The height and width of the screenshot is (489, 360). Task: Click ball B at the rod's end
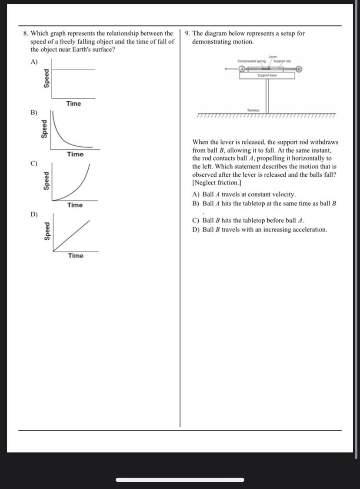[x=299, y=69]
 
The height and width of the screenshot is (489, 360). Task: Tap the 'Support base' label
[x=267, y=75]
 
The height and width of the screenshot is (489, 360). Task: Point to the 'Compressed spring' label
[x=252, y=61]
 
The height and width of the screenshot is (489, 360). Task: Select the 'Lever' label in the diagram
[x=273, y=57]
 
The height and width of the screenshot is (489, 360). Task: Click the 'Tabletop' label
[x=253, y=111]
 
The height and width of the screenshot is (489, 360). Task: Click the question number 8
[x=26, y=33]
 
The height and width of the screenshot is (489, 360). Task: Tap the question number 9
[x=187, y=33]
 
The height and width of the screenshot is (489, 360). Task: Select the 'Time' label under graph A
[x=73, y=104]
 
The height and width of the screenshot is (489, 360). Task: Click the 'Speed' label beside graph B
[x=43, y=129]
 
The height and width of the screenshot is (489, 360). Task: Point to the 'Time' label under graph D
[x=76, y=256]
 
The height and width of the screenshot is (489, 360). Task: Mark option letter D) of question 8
[x=34, y=214]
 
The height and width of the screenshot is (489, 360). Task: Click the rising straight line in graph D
[x=72, y=235]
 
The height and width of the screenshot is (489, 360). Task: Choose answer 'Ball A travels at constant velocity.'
[x=249, y=194]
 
